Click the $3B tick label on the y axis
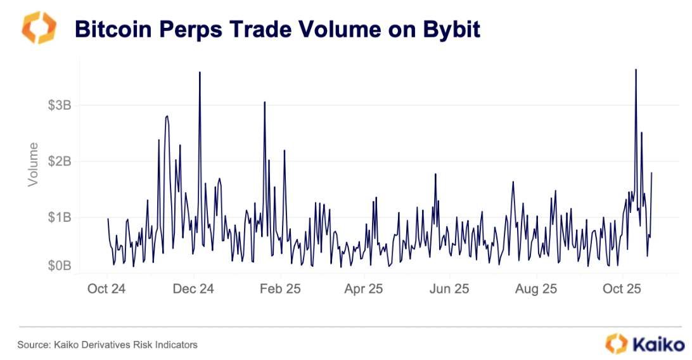pos(59,105)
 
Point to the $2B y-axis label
pos(59,161)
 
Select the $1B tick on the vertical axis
pos(59,217)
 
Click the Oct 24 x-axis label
pos(106,289)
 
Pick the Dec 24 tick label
pos(193,289)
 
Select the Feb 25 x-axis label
pos(279,289)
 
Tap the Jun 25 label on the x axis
pos(449,289)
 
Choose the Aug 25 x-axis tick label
pos(535,289)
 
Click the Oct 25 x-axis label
pos(622,289)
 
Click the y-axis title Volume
pos(33,164)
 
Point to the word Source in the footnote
pos(33,345)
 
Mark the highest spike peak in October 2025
pos(636,69)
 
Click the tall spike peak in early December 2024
pos(200,72)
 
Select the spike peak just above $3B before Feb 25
pos(264,101)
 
